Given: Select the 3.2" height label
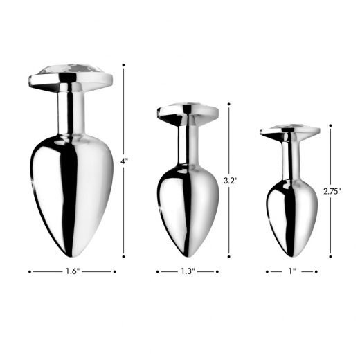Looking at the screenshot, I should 231,181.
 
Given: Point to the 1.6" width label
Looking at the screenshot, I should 72,272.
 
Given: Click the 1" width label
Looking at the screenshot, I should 291,272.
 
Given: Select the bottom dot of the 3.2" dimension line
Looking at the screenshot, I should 228,255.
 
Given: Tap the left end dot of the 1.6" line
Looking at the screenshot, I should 30,272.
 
